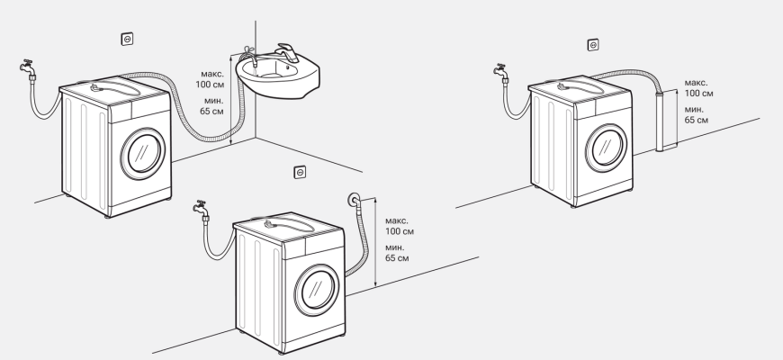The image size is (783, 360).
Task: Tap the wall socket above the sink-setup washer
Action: tap(128, 40)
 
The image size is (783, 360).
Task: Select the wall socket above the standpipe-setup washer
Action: tap(592, 44)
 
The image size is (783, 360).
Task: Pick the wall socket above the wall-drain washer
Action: tap(300, 172)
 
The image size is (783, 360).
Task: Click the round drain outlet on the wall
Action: tap(353, 200)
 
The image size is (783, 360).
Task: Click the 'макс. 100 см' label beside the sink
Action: tap(212, 76)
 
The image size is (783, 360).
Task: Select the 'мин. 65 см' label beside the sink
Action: tap(212, 105)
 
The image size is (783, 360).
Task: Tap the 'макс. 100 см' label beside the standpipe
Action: tap(698, 87)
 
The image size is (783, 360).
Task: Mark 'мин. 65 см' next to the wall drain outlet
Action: tap(397, 252)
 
